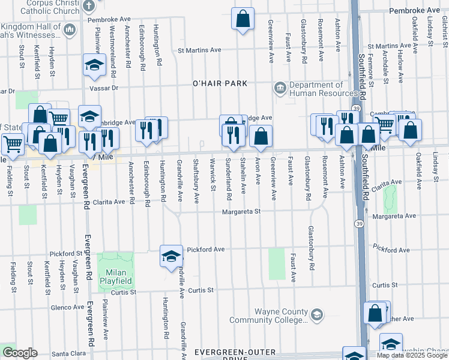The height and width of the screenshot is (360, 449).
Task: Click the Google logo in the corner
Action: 20,353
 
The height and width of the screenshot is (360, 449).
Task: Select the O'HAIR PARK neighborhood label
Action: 220,83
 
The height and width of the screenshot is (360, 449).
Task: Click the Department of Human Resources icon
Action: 280,89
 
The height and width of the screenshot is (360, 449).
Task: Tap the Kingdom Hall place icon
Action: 70,29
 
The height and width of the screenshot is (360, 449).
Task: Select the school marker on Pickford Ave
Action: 171,256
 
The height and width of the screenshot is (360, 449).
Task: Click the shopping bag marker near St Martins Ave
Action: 243,19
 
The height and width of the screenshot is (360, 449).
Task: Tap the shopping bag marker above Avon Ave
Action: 261,137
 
